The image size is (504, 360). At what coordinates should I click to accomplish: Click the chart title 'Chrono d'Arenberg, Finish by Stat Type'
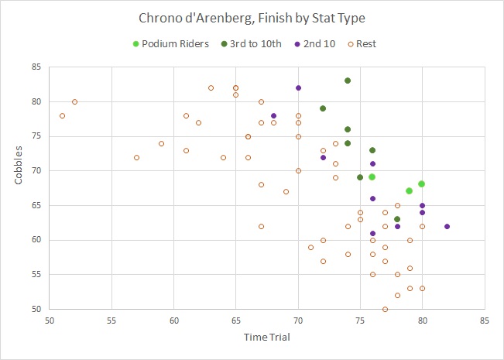click(x=252, y=18)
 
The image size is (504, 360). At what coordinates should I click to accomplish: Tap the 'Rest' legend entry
click(x=365, y=43)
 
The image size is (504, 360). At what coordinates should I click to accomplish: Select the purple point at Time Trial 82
click(x=447, y=226)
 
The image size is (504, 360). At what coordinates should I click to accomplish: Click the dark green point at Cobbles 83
click(x=348, y=81)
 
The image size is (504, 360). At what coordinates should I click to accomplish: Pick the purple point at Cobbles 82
click(x=298, y=87)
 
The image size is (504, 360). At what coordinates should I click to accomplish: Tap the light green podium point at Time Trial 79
click(x=410, y=190)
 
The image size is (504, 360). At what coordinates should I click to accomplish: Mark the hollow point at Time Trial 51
click(x=62, y=115)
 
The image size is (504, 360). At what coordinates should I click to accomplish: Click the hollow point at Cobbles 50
click(x=385, y=309)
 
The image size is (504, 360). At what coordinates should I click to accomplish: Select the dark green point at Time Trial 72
click(x=323, y=108)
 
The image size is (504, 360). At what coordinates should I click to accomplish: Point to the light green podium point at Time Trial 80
click(x=422, y=183)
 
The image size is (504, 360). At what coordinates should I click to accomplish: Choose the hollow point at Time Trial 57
click(x=136, y=157)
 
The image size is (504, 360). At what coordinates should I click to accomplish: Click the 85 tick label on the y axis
click(x=36, y=67)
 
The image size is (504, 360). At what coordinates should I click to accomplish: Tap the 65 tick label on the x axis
click(x=236, y=320)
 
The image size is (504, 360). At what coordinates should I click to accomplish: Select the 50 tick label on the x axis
click(x=50, y=320)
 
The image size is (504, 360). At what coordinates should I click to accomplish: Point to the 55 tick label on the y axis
click(x=36, y=274)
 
